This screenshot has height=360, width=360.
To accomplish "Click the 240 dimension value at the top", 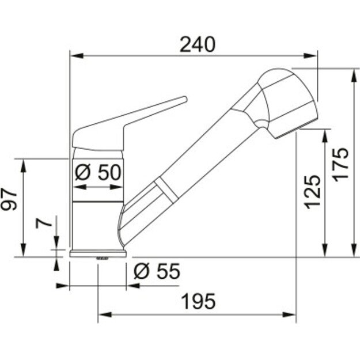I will click(x=197, y=44).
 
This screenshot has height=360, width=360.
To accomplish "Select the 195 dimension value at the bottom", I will click(x=198, y=301).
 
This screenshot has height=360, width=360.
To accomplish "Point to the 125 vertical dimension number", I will click(x=310, y=191).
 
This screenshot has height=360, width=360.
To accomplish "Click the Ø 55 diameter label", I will click(x=156, y=271).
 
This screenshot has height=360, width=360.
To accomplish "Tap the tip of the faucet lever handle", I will click(x=184, y=100).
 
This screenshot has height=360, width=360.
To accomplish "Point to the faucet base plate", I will click(x=98, y=253).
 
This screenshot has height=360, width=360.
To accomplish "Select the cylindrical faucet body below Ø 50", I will click(x=98, y=225).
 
